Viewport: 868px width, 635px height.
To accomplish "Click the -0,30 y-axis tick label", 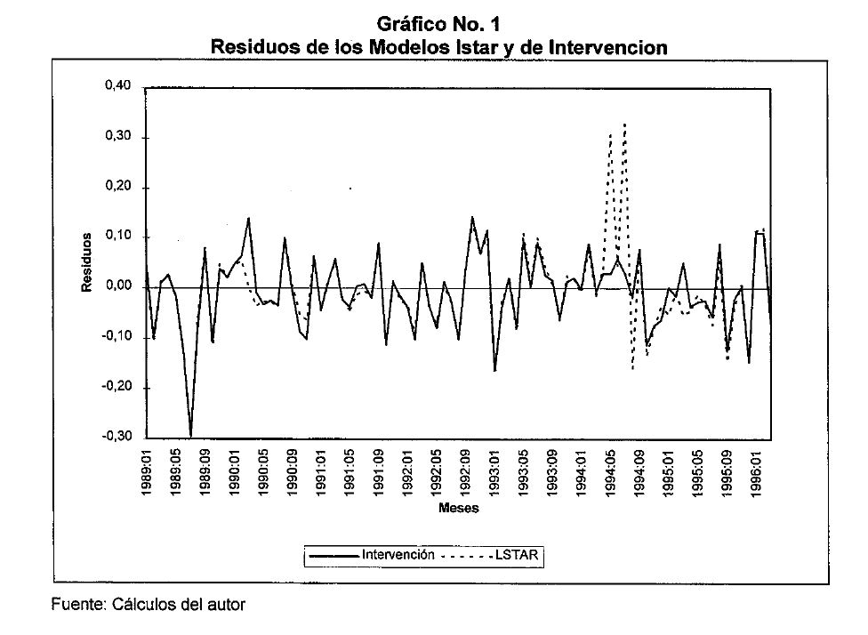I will tap(117, 438).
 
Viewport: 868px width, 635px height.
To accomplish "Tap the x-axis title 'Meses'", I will tap(459, 510).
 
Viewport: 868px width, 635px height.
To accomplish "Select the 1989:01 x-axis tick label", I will tap(148, 471).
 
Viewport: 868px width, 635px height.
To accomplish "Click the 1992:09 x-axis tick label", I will tap(465, 471).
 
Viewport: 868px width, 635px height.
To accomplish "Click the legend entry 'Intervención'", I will tap(398, 555).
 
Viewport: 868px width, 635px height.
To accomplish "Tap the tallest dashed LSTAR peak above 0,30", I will tap(625, 124).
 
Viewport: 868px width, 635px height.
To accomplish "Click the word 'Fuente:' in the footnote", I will tap(76, 603).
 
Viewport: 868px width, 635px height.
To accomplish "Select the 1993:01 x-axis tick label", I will tap(494, 471).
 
